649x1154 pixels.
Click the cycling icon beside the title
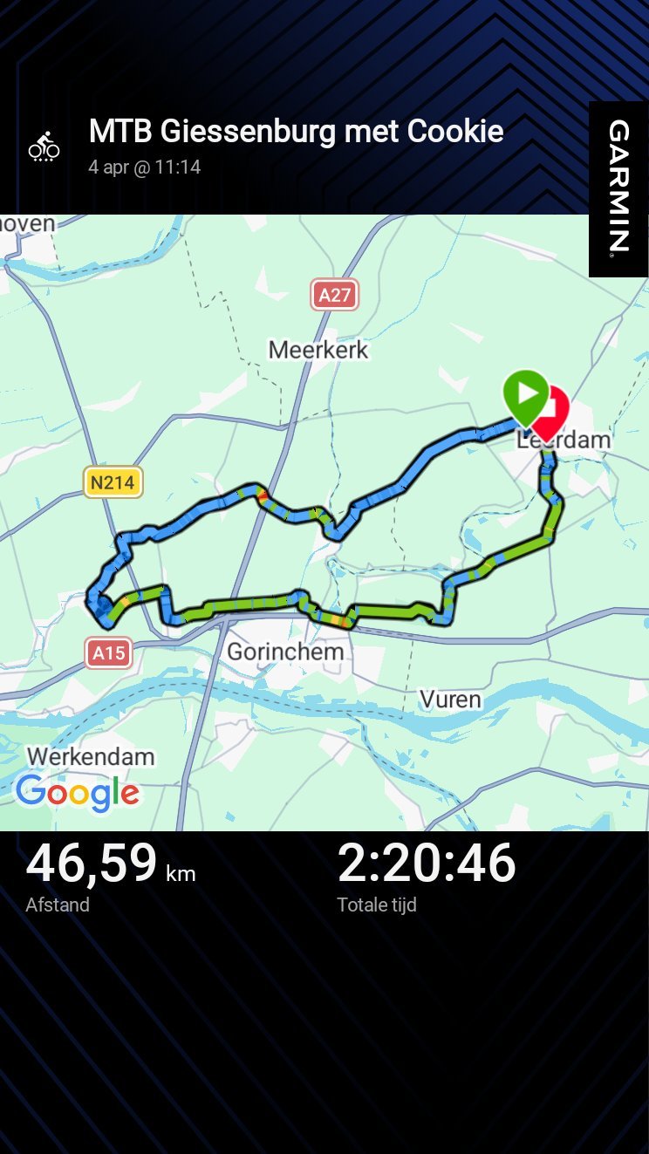(x=44, y=147)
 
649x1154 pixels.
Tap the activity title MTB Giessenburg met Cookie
(x=296, y=132)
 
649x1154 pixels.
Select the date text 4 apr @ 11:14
(x=144, y=167)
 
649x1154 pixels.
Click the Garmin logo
(x=618, y=187)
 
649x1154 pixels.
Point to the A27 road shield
(x=335, y=295)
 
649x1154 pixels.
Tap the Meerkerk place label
(x=318, y=350)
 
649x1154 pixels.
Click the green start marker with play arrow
(x=526, y=395)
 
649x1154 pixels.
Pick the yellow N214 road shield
(x=113, y=481)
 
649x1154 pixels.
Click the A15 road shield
(x=109, y=652)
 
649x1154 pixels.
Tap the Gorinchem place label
(x=285, y=652)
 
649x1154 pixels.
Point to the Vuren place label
(x=450, y=699)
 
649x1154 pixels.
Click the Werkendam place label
(x=91, y=756)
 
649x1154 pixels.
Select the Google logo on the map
(x=77, y=792)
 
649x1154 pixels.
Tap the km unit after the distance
(x=181, y=873)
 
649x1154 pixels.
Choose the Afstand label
(x=58, y=905)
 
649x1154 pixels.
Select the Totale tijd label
(x=377, y=905)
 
